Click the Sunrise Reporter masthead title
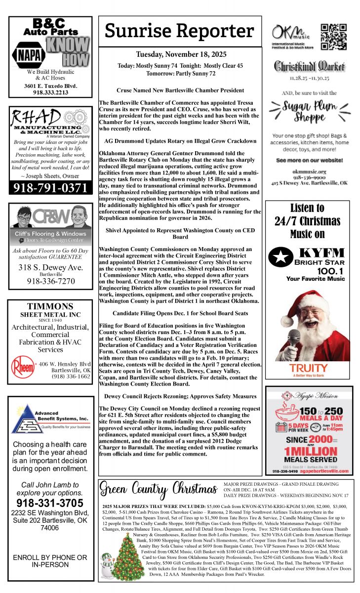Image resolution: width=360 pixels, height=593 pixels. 180,31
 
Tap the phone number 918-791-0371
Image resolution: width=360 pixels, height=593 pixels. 50,188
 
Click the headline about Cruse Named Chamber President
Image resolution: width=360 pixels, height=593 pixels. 180,90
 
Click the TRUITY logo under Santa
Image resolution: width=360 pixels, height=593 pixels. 308,369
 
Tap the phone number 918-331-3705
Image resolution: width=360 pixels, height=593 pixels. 50,503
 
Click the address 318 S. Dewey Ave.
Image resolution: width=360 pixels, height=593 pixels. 50,267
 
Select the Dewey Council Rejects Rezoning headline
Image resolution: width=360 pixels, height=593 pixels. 180,396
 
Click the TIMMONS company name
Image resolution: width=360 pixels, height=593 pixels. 50,306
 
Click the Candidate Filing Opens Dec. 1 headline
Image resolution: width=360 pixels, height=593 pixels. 180,313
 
